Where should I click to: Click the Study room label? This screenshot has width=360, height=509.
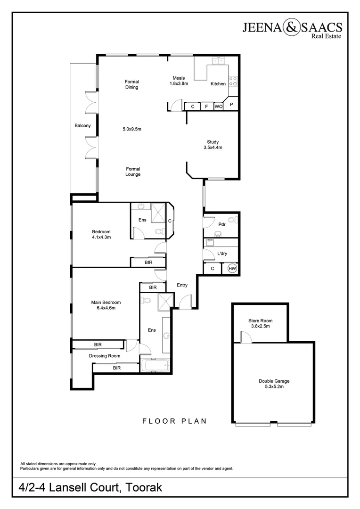(213, 142)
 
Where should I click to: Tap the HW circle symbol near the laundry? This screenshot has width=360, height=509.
(232, 269)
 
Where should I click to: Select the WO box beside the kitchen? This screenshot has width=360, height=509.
(218, 107)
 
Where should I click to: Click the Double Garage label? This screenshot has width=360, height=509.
(274, 381)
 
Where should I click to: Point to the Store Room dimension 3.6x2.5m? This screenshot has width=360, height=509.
(261, 326)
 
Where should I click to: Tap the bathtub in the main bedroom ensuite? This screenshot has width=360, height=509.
(155, 365)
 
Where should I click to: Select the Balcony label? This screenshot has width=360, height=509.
(82, 125)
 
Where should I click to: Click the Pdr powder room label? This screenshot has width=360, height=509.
(222, 224)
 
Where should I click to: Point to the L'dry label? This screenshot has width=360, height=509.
(222, 254)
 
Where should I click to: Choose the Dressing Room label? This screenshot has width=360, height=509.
(105, 356)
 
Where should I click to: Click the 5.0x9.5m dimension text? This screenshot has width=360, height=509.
(132, 129)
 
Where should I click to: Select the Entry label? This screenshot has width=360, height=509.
(182, 285)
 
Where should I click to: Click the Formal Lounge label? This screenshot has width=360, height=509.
(133, 172)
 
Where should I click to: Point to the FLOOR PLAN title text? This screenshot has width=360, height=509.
(174, 421)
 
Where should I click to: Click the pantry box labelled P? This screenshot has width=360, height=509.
(231, 105)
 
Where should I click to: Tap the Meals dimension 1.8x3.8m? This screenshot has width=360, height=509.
(179, 83)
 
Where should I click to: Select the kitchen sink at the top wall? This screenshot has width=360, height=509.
(218, 61)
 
